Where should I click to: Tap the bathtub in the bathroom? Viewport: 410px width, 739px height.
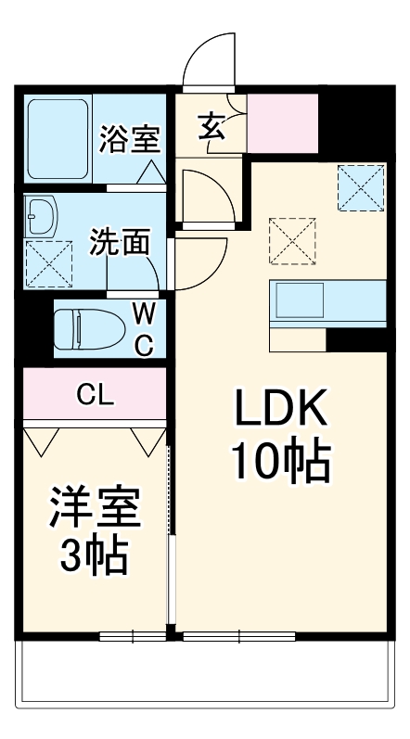click(x=58, y=139)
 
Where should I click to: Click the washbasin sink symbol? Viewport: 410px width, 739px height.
click(x=43, y=217)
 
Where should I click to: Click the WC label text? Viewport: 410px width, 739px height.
click(x=144, y=327)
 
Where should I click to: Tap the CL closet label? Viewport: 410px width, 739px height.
click(x=96, y=395)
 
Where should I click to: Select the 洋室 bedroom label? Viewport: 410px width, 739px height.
click(x=95, y=508)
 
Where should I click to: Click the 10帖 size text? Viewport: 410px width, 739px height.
click(x=279, y=461)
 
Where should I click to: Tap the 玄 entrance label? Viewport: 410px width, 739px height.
click(x=211, y=125)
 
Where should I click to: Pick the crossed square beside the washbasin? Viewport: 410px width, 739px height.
click(x=48, y=261)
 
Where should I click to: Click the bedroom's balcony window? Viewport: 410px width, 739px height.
click(x=132, y=636)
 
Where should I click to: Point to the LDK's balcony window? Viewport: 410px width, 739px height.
click(x=239, y=636)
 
